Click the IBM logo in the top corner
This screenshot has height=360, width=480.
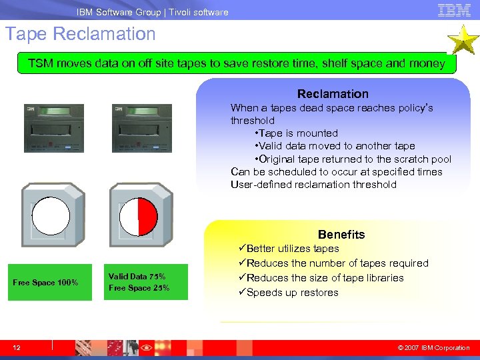[x=454, y=10]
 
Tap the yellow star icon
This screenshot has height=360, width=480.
[x=461, y=40]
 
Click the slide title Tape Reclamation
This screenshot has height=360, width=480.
[x=81, y=34]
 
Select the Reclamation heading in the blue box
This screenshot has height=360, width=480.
[x=333, y=94]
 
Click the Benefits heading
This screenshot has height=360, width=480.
[x=341, y=235]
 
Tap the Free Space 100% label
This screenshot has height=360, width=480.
[x=45, y=283]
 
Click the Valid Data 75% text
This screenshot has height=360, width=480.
[x=137, y=277]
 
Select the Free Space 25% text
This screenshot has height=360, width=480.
[x=139, y=288]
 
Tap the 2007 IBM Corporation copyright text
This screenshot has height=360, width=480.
[x=433, y=347]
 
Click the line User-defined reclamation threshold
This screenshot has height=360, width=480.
[x=313, y=185]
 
